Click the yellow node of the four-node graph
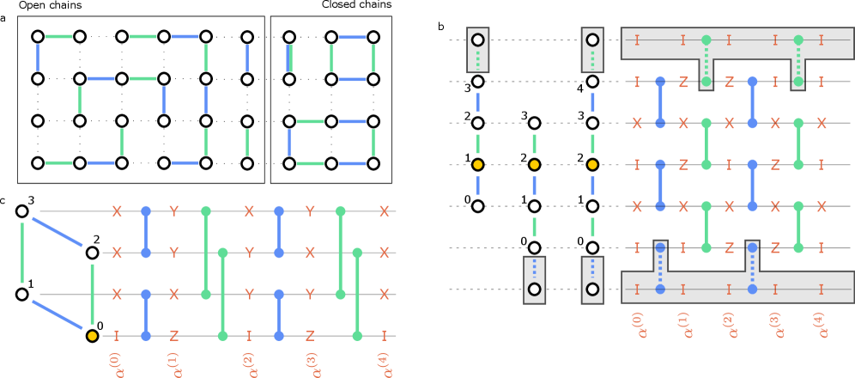tap(92, 336)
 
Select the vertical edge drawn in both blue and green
tap(289, 58)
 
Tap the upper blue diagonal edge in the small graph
tap(58, 232)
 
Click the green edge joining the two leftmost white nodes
tap(22, 253)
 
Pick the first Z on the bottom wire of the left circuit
tap(173, 336)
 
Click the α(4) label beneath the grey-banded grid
tap(821, 324)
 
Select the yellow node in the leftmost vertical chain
tap(478, 164)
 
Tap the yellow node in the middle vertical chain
tap(534, 164)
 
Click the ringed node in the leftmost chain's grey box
tap(478, 40)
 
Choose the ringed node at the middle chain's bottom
tap(534, 290)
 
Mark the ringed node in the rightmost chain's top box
tap(592, 40)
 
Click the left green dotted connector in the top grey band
tap(706, 61)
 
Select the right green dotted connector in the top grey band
tap(798, 61)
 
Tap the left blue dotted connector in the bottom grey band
tap(660, 268)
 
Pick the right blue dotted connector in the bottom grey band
tap(752, 268)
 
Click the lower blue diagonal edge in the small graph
tap(58, 314)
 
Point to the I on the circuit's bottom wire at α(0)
tap(116, 336)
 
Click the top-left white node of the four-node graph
tap(22, 211)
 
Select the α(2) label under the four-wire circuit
tap(248, 363)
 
